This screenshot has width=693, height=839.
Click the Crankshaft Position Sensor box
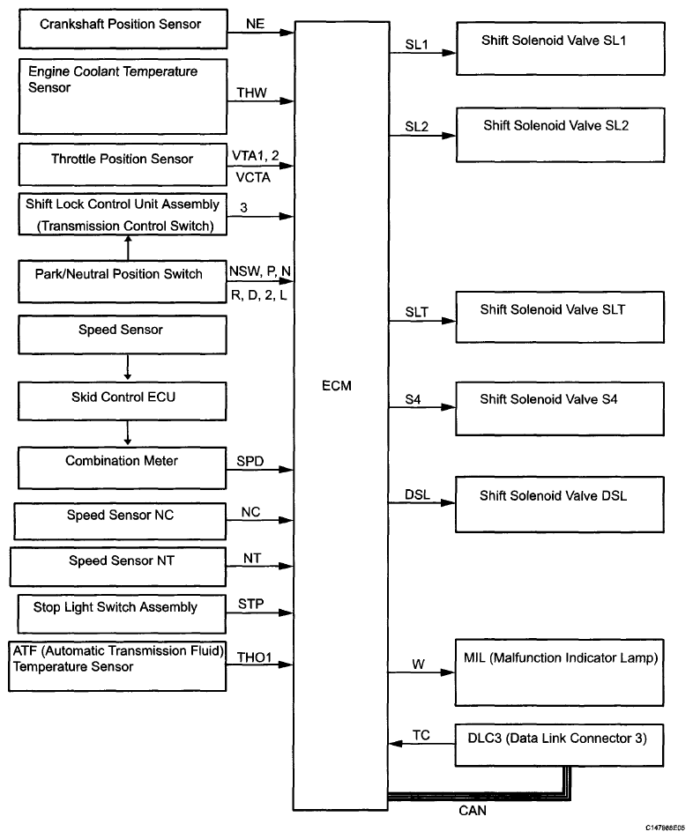(x=123, y=29)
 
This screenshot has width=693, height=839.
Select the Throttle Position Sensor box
(x=123, y=164)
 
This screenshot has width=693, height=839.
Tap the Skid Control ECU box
(x=122, y=401)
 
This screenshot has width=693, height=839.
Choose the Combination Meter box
(x=122, y=468)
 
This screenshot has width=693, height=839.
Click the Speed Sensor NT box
(x=118, y=567)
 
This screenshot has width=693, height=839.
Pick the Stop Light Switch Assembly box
(x=122, y=613)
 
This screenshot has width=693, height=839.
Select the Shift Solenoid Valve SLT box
(x=560, y=317)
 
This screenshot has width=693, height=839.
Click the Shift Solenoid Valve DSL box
(x=560, y=505)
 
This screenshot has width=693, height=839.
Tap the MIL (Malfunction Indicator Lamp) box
(x=559, y=672)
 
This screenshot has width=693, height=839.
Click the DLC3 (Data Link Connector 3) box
(x=559, y=746)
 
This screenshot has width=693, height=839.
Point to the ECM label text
(x=337, y=386)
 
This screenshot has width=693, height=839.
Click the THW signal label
(x=251, y=93)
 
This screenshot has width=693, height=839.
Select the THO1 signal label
(x=254, y=657)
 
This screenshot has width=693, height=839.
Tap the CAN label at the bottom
(x=473, y=811)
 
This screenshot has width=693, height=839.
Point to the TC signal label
(x=421, y=735)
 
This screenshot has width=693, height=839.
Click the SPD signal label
(x=250, y=461)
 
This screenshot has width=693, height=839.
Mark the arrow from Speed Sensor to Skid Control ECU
(x=127, y=368)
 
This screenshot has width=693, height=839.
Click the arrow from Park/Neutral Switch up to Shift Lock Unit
(x=127, y=248)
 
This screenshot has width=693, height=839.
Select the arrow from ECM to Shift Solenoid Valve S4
(x=422, y=407)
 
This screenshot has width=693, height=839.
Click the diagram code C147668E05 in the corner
(x=664, y=828)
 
